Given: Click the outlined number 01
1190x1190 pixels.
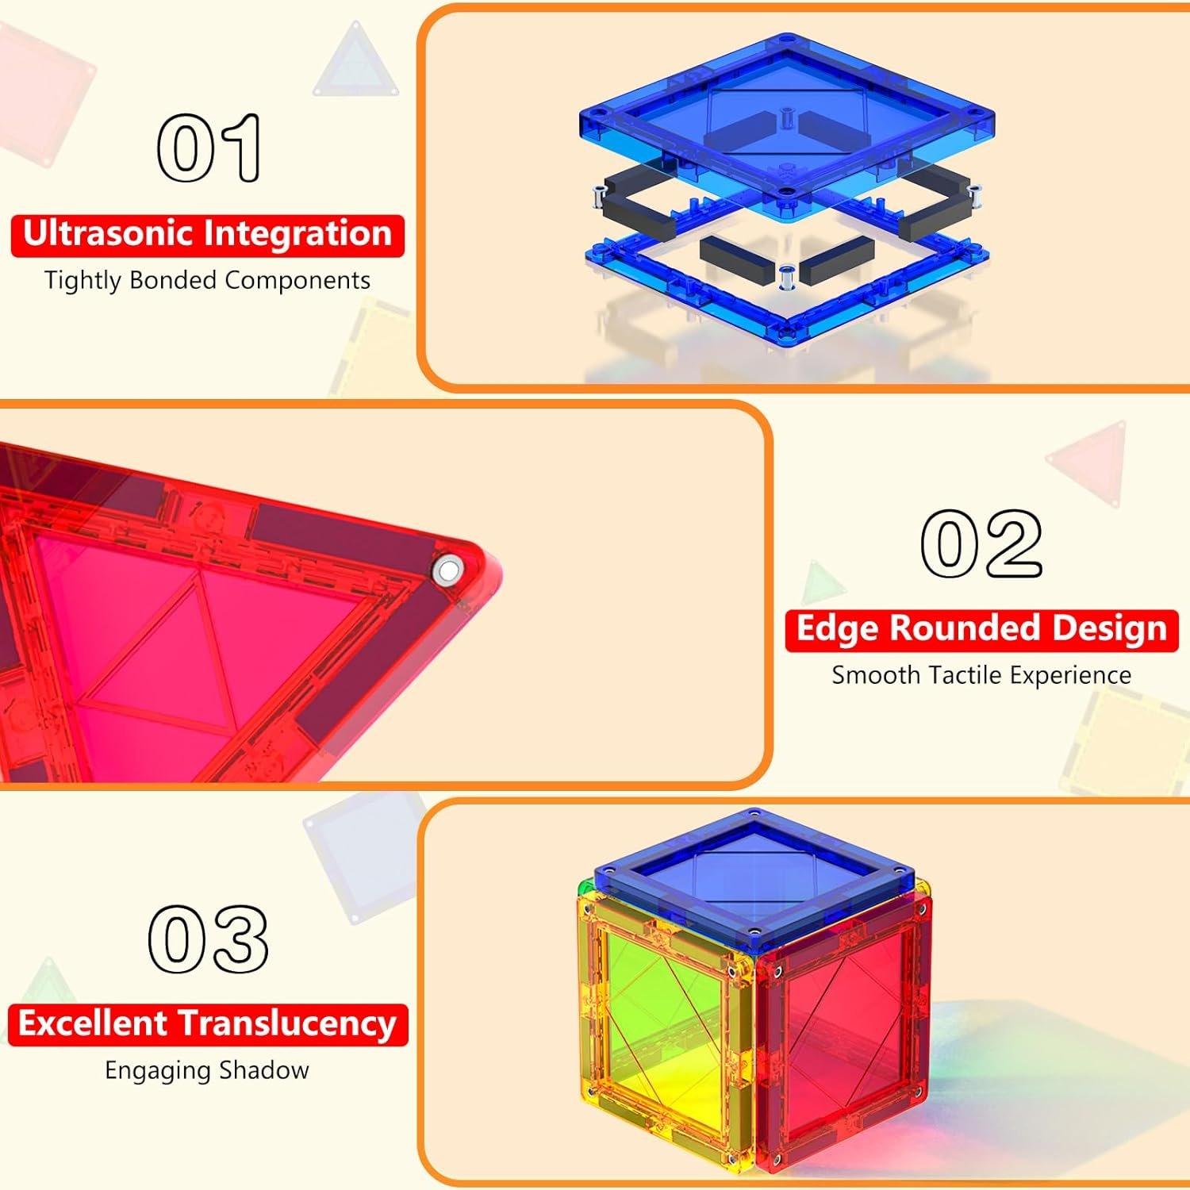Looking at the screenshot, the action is (209, 148).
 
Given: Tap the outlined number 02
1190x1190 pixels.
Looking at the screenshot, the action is (981, 543).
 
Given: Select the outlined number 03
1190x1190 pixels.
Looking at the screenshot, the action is (208, 939).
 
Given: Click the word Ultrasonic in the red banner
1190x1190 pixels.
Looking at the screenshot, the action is (109, 234).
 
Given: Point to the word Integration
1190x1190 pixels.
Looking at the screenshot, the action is (298, 234).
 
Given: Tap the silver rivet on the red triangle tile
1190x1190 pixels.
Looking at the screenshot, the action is (448, 570).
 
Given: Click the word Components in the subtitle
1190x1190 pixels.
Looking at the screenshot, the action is (297, 281).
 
